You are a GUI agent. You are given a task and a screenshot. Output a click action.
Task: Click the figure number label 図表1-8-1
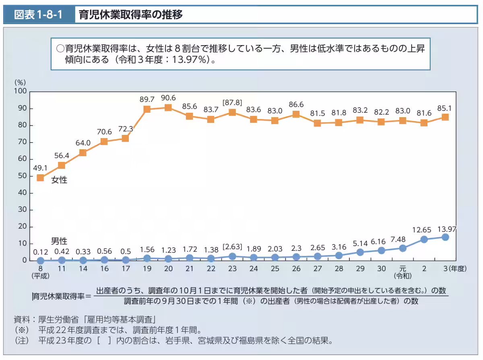38,15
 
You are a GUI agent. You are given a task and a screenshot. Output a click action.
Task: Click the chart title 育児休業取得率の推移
131,15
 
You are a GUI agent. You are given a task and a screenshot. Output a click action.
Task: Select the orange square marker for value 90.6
168,108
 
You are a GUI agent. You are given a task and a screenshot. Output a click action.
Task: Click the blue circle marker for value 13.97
445,237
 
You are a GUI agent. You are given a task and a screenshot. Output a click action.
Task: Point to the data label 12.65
423,230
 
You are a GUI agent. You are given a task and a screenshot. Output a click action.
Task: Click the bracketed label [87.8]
232,103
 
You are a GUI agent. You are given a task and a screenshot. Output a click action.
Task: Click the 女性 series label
59,180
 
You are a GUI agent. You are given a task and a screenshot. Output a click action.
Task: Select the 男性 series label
59,241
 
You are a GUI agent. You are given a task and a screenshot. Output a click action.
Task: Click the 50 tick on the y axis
23,176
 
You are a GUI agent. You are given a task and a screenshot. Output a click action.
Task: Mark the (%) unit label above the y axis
20,82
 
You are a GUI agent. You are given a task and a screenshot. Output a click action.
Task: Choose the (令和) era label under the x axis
402,276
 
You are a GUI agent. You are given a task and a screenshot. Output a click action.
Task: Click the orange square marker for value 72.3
126,138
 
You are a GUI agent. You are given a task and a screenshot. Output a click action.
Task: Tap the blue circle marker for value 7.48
402,248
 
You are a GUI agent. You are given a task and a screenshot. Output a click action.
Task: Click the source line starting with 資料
85,320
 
